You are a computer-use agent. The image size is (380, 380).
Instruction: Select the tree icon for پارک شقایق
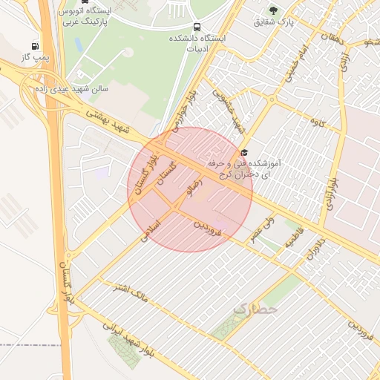pyautogui.click(x=274, y=10)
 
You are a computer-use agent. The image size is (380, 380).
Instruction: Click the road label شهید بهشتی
pyautogui.click(x=107, y=122)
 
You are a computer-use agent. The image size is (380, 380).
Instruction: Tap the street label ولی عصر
pyautogui.click(x=264, y=226)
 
